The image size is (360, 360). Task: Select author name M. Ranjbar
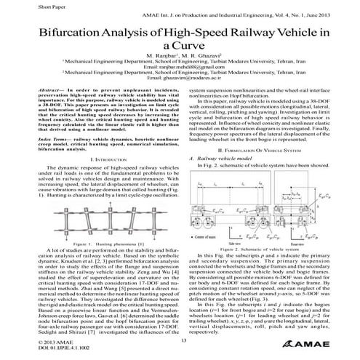tap(162, 57)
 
